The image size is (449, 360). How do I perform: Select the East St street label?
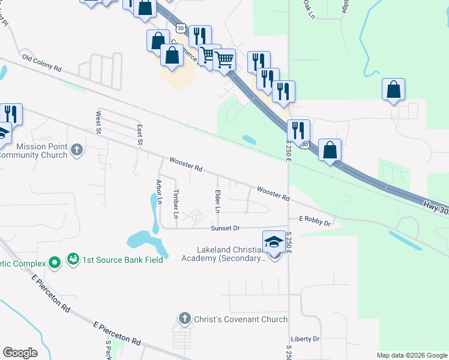click(x=139, y=135)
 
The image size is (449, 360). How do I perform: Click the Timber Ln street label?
click(x=176, y=203)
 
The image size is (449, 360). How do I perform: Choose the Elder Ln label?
click(x=217, y=202)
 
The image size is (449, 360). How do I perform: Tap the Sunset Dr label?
click(x=225, y=228)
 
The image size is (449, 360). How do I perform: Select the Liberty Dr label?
click(x=306, y=339)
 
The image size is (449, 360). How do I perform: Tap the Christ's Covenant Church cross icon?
click(x=185, y=319)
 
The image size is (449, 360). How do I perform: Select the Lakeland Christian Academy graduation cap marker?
click(x=274, y=243)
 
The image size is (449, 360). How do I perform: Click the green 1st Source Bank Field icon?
click(x=73, y=260)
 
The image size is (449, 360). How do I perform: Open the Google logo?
click(x=20, y=353)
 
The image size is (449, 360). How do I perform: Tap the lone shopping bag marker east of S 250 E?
click(x=393, y=91)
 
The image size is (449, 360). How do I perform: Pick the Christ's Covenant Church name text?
click(x=240, y=319)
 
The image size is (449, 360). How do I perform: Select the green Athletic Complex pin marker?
click(x=55, y=263)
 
